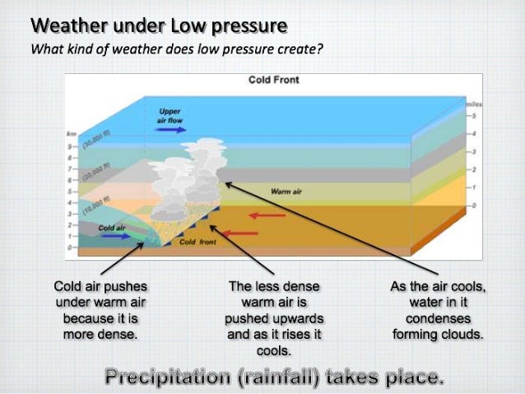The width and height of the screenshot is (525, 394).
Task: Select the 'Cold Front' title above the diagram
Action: point(273,80)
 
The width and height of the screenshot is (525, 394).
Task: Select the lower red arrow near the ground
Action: point(239,234)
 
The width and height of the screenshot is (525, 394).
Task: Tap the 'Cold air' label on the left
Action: point(111,226)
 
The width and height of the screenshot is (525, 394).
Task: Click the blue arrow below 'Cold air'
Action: point(115,236)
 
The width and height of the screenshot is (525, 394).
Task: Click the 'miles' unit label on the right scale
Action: point(473,106)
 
